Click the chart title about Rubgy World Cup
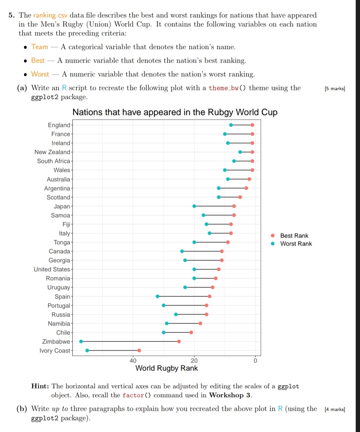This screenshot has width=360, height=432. click(x=175, y=112)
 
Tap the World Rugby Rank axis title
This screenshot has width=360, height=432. click(x=166, y=368)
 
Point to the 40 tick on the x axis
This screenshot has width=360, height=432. click(x=133, y=360)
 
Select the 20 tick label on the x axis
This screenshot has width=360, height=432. click(x=194, y=360)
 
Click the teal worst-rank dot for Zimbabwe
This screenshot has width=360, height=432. click(x=81, y=341)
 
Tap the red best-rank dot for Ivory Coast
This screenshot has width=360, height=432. click(x=139, y=350)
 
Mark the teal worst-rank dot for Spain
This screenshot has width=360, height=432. click(x=158, y=296)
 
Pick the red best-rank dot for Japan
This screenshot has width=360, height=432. click(x=234, y=206)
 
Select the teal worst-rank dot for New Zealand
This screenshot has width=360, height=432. click(x=240, y=152)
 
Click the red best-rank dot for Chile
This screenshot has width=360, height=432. click(x=191, y=332)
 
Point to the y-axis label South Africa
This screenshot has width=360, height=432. click(x=54, y=161)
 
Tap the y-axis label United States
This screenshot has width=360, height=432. click(x=52, y=269)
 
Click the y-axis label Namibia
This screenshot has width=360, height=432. click(x=59, y=323)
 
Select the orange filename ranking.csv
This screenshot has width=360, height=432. click(x=50, y=15)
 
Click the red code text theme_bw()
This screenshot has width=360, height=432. click(x=227, y=88)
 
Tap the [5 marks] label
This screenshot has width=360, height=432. click(x=335, y=89)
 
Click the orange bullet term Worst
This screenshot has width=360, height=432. click(x=40, y=74)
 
